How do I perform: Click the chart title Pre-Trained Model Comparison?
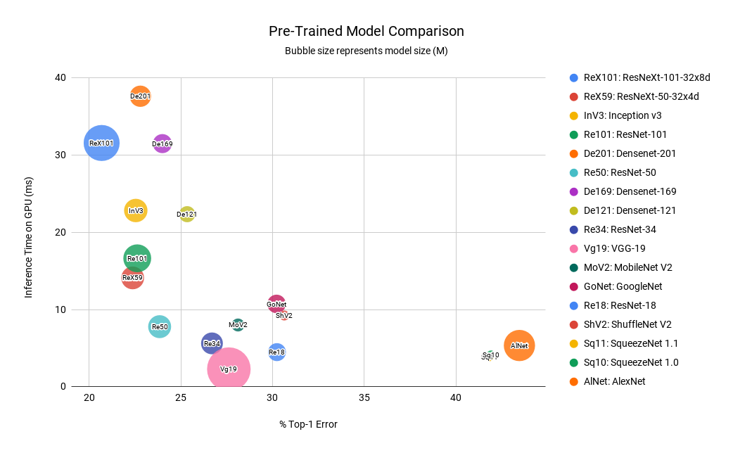[366, 32]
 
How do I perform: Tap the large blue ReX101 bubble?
[101, 143]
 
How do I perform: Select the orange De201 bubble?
[141, 96]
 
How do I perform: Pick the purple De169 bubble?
[162, 143]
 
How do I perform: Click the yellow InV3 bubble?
[136, 210]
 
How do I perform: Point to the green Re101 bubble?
[137, 258]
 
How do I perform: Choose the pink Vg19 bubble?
[229, 369]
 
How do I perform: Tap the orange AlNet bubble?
[519, 345]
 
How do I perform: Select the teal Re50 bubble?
[160, 326]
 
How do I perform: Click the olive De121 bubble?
[186, 214]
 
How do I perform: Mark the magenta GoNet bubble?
[276, 304]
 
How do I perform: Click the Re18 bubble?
[277, 352]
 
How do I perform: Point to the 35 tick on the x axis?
[364, 398]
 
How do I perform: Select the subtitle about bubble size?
[366, 51]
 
